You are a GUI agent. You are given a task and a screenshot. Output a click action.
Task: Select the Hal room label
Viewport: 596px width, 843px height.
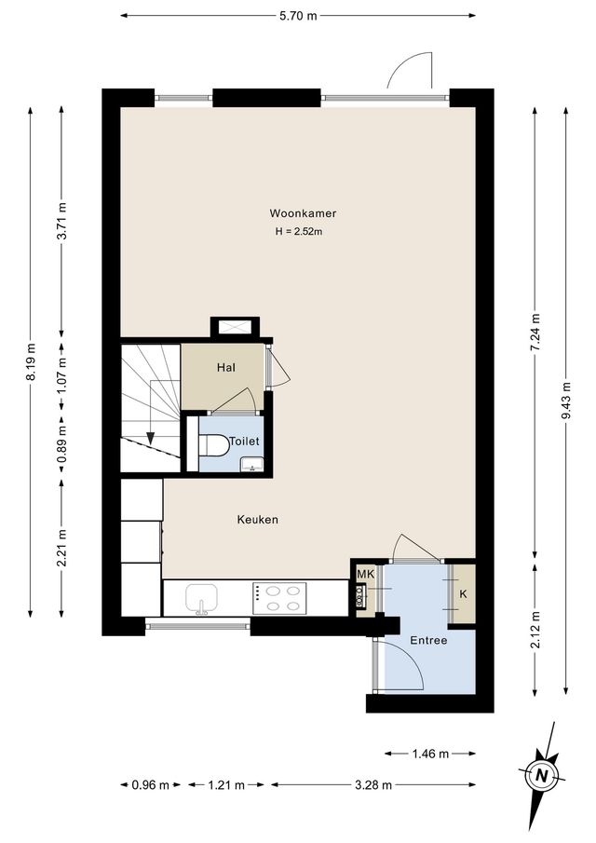tap(224, 368)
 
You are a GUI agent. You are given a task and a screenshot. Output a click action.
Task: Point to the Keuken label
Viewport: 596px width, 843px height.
tap(258, 520)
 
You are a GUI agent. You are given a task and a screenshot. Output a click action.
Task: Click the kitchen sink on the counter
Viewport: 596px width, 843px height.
tap(201, 596)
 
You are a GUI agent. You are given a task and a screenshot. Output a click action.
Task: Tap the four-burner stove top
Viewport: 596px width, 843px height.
tap(279, 597)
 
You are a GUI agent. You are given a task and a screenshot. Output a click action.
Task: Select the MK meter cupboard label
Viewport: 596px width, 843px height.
tap(364, 574)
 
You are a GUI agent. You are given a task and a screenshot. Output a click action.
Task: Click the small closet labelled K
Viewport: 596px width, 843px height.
tap(463, 593)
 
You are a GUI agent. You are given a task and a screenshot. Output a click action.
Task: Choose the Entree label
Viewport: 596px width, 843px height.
tap(428, 641)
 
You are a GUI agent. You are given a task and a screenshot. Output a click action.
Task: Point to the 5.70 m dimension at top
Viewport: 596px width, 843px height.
tap(298, 16)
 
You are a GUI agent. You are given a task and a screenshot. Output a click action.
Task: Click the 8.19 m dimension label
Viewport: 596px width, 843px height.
tap(31, 363)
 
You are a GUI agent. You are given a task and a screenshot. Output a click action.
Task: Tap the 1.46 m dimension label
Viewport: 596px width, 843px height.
tap(430, 754)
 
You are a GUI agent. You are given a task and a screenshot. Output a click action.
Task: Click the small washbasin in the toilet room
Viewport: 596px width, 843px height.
tap(249, 465)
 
